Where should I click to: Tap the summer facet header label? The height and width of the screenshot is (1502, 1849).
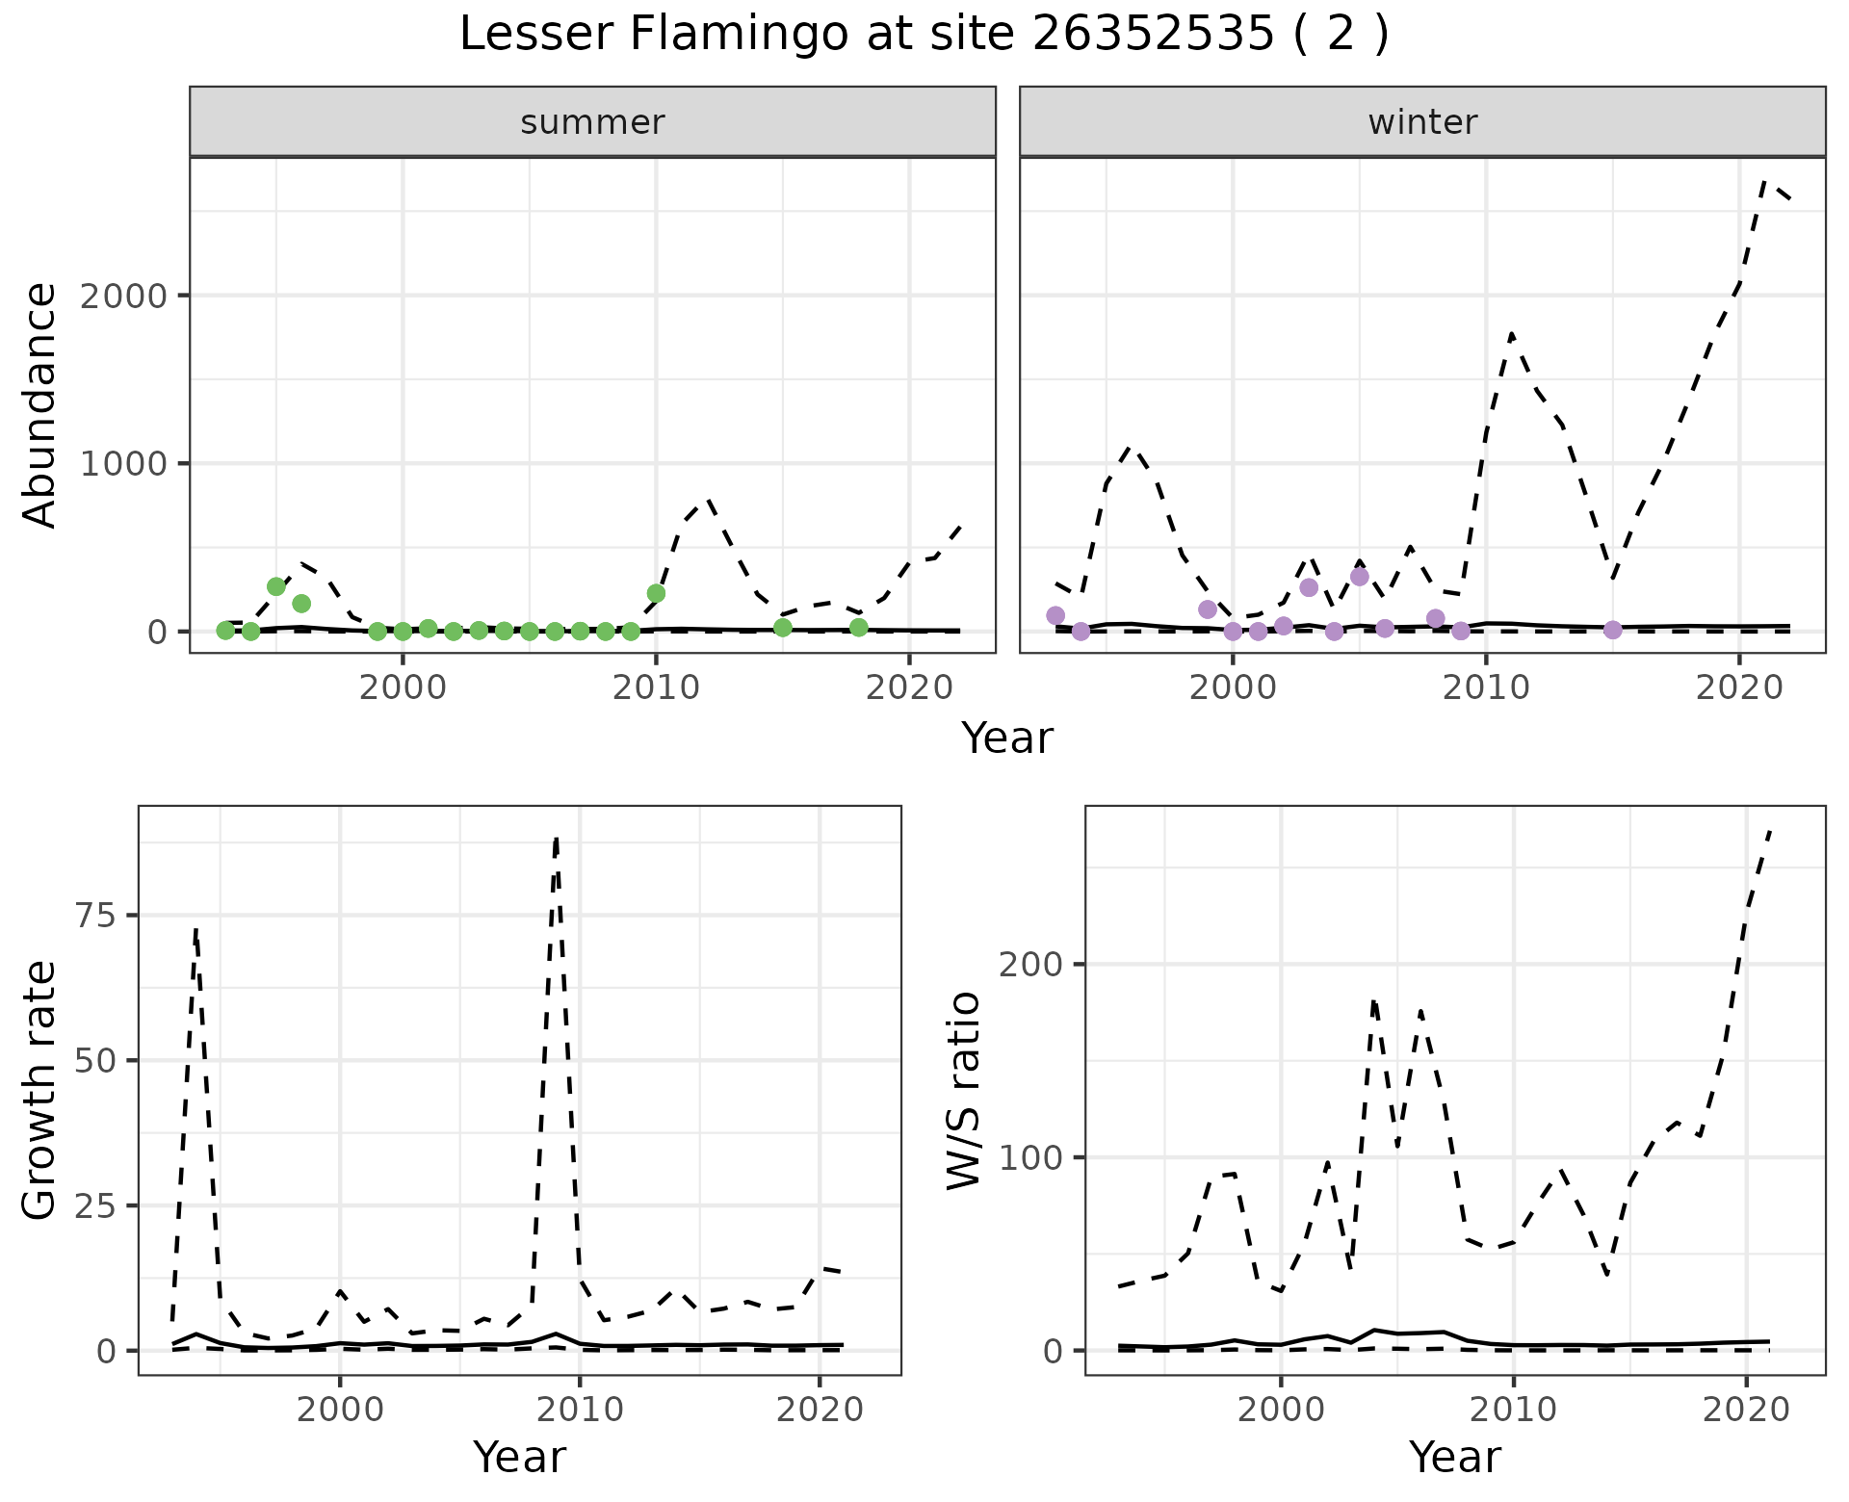click(x=592, y=122)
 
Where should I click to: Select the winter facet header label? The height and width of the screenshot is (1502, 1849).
click(x=1422, y=122)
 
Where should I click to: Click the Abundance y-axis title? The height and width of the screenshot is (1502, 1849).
click(x=40, y=405)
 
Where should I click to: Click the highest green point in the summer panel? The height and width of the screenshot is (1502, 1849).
click(x=276, y=586)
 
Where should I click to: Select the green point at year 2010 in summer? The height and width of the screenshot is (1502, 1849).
click(x=656, y=593)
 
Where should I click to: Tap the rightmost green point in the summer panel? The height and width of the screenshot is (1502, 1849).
click(x=859, y=627)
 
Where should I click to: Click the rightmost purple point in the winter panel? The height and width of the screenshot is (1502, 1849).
click(x=1613, y=630)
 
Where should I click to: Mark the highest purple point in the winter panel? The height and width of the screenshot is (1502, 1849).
click(x=1360, y=577)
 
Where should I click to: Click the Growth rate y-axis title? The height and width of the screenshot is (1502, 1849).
click(x=40, y=1091)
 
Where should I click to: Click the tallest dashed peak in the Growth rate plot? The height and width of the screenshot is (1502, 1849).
click(x=557, y=839)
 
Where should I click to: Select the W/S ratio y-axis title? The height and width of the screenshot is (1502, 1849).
click(x=964, y=1091)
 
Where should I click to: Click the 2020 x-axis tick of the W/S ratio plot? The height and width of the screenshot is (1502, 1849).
click(x=1747, y=1410)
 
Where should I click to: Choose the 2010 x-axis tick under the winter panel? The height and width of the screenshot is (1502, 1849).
click(x=1486, y=689)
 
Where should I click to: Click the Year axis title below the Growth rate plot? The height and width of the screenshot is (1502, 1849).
click(x=519, y=1457)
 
